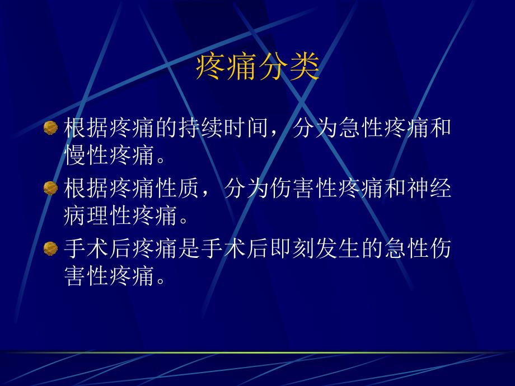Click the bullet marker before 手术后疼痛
pyautogui.click(x=50, y=248)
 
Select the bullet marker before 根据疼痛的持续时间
pyautogui.click(x=50, y=128)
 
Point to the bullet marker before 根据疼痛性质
pyautogui.click(x=50, y=188)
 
